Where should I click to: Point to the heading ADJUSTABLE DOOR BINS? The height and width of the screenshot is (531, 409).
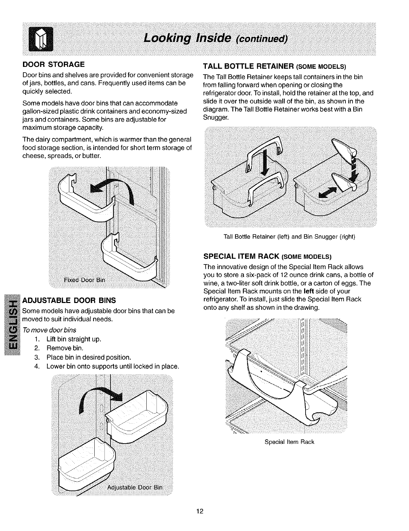[69, 300]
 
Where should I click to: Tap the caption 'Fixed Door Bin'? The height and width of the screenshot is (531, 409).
[85, 280]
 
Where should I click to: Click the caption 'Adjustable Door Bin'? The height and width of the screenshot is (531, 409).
[135, 487]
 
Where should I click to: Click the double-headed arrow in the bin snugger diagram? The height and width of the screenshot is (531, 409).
[329, 193]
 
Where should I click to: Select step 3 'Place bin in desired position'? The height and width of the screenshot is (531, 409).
[89, 357]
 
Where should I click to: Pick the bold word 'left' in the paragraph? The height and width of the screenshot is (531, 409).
[309, 291]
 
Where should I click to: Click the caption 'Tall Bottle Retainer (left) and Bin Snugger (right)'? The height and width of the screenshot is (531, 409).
[289, 236]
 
